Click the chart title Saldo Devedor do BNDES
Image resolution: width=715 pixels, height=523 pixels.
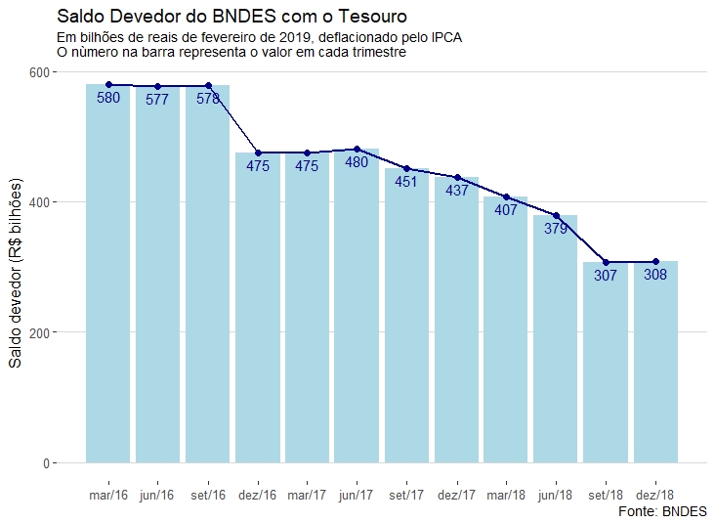(x=232, y=17)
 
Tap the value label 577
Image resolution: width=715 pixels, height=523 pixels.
(x=157, y=100)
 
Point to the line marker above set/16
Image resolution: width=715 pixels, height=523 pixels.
(x=208, y=86)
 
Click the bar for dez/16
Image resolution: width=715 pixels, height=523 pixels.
(x=258, y=313)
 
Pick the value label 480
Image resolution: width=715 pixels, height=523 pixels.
(x=357, y=162)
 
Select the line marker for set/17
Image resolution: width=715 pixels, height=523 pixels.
(x=406, y=169)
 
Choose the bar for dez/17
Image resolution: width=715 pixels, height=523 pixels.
(x=456, y=323)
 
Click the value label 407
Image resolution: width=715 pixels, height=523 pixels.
(x=506, y=210)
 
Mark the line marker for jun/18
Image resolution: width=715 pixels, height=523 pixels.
(x=556, y=215)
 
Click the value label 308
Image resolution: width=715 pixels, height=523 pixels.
(x=655, y=275)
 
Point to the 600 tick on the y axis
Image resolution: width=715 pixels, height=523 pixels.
(x=44, y=72)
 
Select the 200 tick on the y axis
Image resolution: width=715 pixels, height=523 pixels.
(x=44, y=332)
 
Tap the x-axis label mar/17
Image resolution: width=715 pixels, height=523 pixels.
(x=307, y=495)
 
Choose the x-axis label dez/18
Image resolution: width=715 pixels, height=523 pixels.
(x=654, y=495)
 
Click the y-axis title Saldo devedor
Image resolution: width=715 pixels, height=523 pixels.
(x=15, y=274)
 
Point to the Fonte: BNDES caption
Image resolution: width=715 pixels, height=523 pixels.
(x=663, y=511)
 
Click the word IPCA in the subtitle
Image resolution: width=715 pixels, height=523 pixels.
(x=443, y=37)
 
